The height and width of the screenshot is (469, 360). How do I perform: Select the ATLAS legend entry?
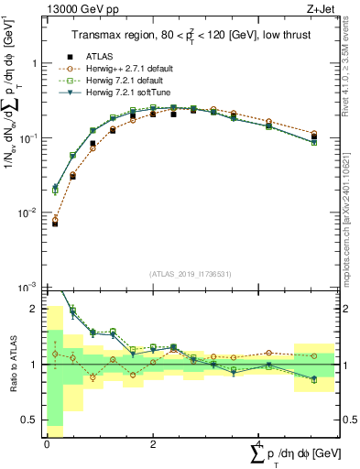(x=98, y=57)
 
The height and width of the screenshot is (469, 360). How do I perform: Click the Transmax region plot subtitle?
(x=190, y=36)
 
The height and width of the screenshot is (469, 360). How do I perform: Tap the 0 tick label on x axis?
(x=47, y=444)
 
